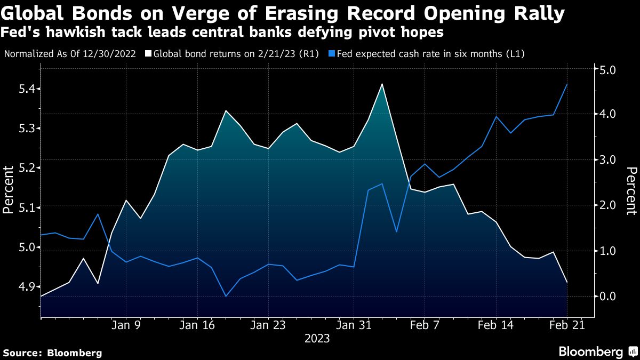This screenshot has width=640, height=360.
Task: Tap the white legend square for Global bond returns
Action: [x=149, y=54]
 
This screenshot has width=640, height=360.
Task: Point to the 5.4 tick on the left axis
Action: [x=22, y=89]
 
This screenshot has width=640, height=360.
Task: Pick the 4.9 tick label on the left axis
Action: [x=22, y=287]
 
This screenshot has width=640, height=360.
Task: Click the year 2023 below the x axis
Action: [x=317, y=339]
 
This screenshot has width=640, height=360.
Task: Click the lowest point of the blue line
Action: [x=226, y=296]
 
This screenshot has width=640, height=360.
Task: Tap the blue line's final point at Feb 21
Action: [x=566, y=84]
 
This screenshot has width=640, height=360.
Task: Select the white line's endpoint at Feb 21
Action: [x=566, y=282]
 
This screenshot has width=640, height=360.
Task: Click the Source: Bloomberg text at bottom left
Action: [x=52, y=353]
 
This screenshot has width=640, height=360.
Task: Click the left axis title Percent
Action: [x=8, y=190]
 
